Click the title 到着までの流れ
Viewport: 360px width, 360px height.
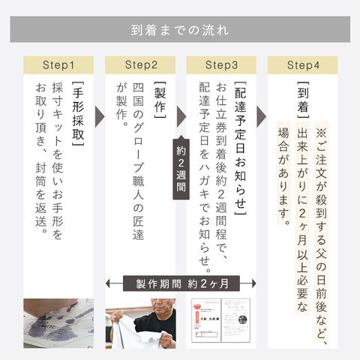[x=179, y=30]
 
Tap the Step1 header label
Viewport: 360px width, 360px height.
[x=58, y=65]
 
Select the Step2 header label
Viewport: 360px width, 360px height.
[x=141, y=65]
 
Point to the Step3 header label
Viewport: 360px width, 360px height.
[x=221, y=65]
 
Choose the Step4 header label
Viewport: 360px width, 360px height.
[x=303, y=65]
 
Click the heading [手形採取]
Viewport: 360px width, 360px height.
[x=78, y=114]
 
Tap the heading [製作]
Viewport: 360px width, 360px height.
[x=160, y=100]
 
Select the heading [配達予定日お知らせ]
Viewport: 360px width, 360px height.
[x=240, y=148]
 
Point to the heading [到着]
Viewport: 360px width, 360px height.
[x=303, y=100]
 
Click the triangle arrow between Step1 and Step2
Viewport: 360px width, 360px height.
[x=100, y=116]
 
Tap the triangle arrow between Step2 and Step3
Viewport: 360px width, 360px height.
[x=181, y=116]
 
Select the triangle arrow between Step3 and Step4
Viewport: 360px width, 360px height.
[x=262, y=116]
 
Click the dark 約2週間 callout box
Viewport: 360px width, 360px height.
[x=181, y=168]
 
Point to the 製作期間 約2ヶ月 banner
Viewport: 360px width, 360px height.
[x=181, y=283]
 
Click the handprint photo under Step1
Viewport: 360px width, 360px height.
[x=58, y=323]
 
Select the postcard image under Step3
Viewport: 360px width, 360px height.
[x=221, y=320]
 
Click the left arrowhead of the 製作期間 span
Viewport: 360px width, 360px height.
[x=108, y=283]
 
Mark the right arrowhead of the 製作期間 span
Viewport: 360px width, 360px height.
[x=254, y=283]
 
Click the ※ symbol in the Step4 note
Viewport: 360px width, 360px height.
[x=321, y=133]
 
